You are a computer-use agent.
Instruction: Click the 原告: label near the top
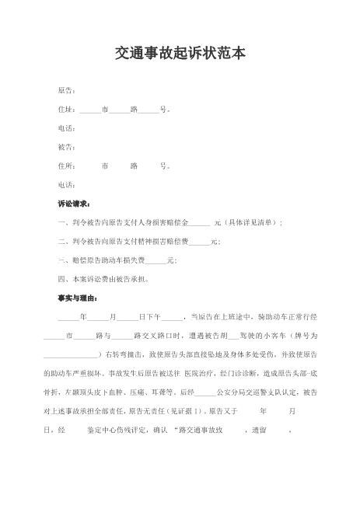(66, 91)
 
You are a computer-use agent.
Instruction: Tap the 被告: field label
(66, 147)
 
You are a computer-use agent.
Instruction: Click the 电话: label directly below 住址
(66, 128)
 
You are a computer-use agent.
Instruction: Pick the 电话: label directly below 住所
(66, 184)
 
